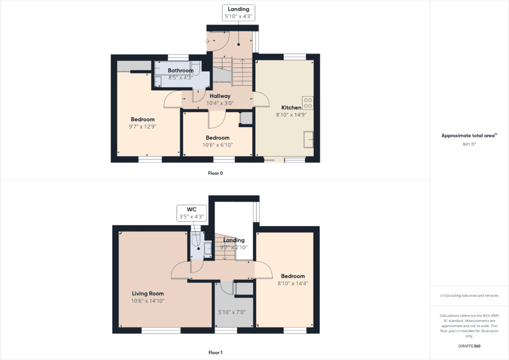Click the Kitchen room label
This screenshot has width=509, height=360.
[x=291, y=107]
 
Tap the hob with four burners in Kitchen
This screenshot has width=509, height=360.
[x=308, y=102]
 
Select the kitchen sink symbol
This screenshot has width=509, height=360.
[x=308, y=139]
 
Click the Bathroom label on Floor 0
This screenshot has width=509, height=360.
[x=180, y=70]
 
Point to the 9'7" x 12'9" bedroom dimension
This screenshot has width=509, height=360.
[x=142, y=126]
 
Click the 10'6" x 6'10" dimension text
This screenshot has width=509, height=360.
[x=217, y=145]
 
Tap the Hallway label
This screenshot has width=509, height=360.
[x=220, y=96]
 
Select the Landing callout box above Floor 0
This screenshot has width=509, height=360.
[x=239, y=13]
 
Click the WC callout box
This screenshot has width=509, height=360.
[x=191, y=213]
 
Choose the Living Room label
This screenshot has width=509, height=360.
[x=147, y=293]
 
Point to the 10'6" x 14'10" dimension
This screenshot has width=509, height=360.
[x=147, y=301]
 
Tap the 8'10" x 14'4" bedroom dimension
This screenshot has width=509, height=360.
[x=292, y=283]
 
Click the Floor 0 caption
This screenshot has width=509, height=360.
[x=215, y=173]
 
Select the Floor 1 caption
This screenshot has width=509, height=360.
[x=215, y=352]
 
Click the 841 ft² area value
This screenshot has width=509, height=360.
[x=469, y=144]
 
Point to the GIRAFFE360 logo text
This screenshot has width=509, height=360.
[x=469, y=345]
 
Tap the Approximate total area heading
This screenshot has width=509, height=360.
[x=468, y=135]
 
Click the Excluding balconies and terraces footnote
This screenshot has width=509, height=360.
[x=469, y=295]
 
